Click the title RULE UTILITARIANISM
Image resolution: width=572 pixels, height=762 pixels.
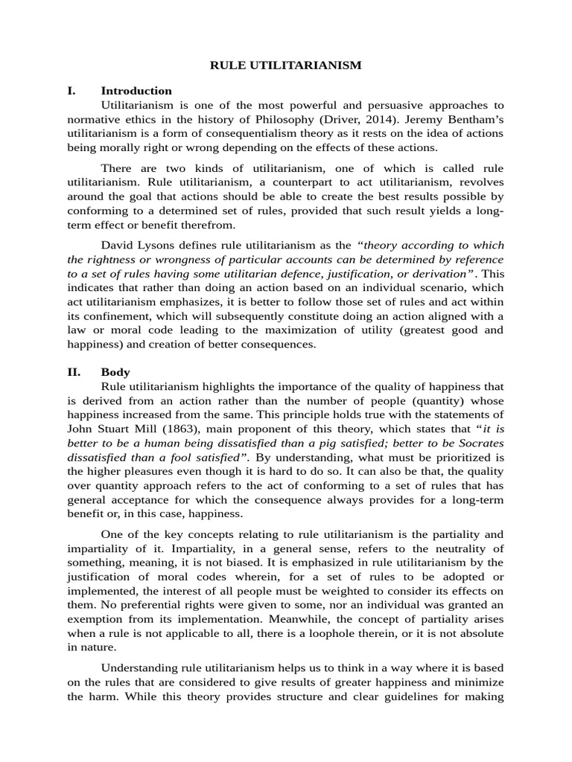coord(286,65)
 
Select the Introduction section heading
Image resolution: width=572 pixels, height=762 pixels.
coord(136,91)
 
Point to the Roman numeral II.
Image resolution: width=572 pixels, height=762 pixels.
coord(73,372)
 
